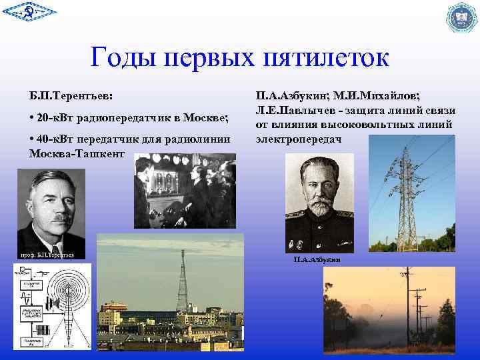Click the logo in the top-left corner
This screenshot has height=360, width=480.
pos(29,14)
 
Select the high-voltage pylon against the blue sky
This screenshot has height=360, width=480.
pos(407,200)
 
